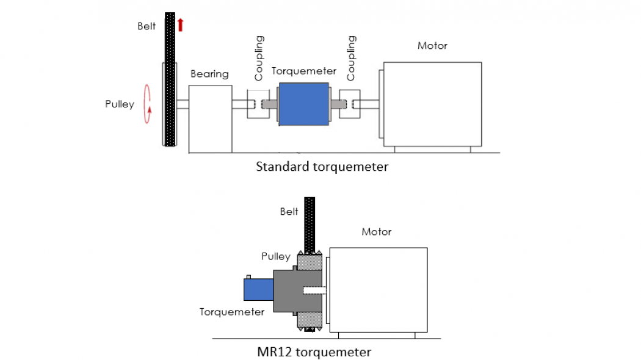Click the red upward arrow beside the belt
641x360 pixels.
181,24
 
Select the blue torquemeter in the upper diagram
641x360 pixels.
303,103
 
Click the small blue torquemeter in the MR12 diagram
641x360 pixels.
258,289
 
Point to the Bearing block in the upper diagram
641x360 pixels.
210,118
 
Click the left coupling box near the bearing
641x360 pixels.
255,104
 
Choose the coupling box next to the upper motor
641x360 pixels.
349,104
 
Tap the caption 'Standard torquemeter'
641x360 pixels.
322,166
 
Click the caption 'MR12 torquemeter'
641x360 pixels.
314,352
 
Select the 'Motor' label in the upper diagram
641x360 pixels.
432,46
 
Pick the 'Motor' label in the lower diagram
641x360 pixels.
376,232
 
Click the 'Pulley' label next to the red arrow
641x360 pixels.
119,104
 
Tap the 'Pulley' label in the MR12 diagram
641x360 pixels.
276,256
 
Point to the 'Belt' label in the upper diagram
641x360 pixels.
147,26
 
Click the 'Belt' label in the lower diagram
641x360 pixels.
289,212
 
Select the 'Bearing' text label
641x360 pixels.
209,74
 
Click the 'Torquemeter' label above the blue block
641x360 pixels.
304,71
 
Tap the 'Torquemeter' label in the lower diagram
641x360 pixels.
232,312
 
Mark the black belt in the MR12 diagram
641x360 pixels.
310,223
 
